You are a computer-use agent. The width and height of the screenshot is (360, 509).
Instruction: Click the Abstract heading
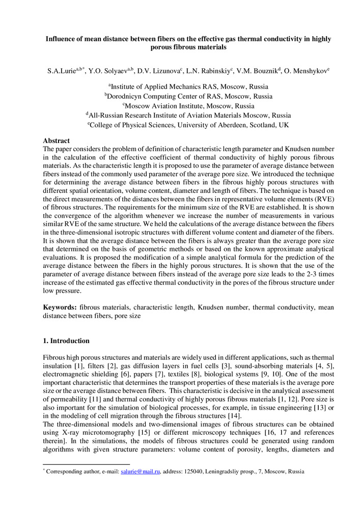(x=56, y=141)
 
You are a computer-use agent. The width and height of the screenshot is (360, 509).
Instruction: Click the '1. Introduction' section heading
(x=66, y=341)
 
